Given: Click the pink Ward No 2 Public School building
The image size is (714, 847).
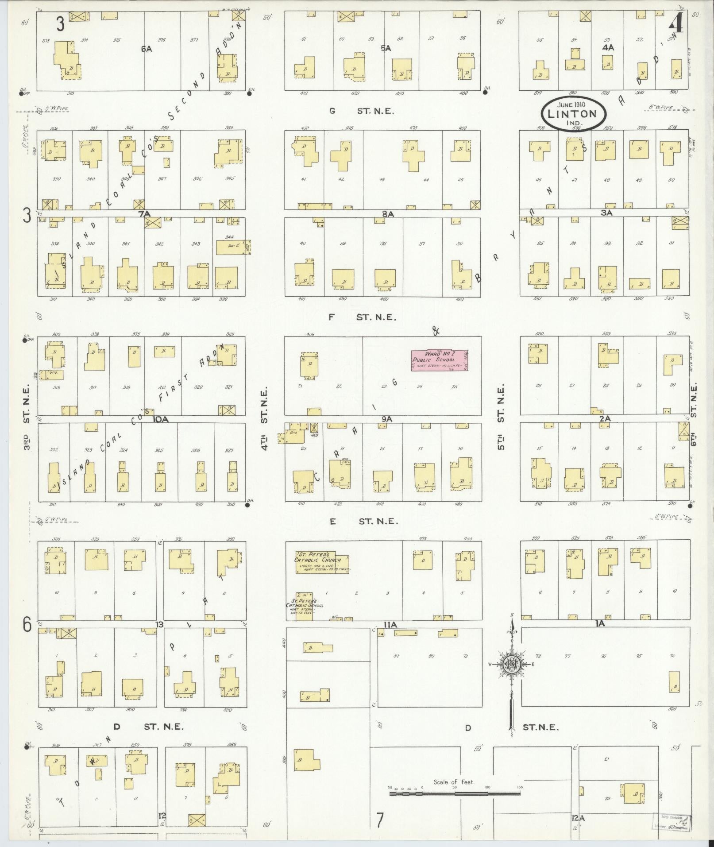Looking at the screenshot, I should [440, 360].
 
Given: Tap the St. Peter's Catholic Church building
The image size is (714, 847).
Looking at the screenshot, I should [316, 563].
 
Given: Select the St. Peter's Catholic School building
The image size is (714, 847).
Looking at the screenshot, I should [305, 605].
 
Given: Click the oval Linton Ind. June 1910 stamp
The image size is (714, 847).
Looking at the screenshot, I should [574, 113].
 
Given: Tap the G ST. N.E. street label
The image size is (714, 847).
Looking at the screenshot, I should [361, 111].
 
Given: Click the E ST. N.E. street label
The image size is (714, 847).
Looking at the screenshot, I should [363, 521].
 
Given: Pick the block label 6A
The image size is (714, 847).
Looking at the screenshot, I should [147, 49].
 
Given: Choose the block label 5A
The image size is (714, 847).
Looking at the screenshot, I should [386, 48].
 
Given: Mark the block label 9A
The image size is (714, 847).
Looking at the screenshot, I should [386, 418].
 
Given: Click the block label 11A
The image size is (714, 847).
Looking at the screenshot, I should [390, 624].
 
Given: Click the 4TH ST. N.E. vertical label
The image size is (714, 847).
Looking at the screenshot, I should [265, 418].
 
